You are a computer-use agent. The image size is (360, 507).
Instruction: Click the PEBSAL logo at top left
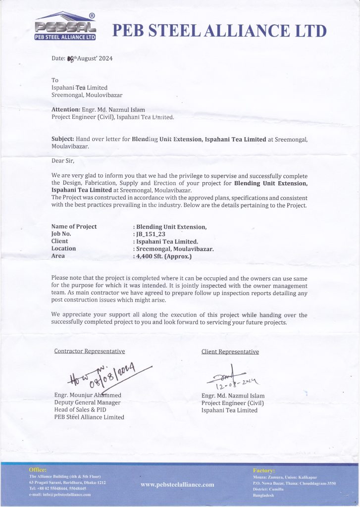pyautogui.click(x=65, y=27)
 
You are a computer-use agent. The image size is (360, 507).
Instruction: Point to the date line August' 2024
pyautogui.click(x=83, y=58)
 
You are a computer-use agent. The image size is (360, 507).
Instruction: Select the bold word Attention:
pyautogui.click(x=66, y=109)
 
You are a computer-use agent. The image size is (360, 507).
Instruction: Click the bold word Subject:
pyautogui.click(x=63, y=139)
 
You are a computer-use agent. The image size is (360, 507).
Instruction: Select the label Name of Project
pyautogui.click(x=74, y=226)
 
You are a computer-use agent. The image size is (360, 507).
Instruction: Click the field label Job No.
pyautogui.click(x=61, y=234)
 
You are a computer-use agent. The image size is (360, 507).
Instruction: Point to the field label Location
pyautogui.click(x=64, y=249)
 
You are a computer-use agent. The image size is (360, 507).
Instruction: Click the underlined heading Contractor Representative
pyautogui.click(x=89, y=352)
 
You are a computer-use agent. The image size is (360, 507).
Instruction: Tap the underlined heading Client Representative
pyautogui.click(x=230, y=352)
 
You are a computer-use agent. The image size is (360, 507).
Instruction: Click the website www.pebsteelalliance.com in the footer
pyautogui.click(x=177, y=484)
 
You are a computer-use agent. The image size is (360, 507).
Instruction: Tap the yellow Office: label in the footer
pyautogui.click(x=38, y=469)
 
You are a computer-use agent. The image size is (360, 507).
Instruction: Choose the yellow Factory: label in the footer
pyautogui.click(x=264, y=470)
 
